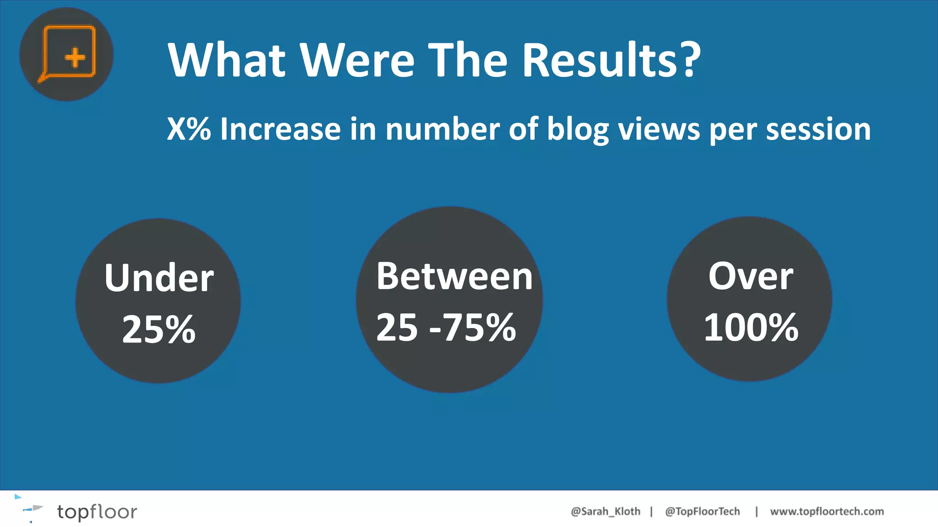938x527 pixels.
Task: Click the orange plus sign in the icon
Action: [x=75, y=58]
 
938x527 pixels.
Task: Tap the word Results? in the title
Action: [x=611, y=60]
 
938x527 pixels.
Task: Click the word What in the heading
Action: [x=227, y=60]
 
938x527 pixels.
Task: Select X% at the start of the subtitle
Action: [x=189, y=129]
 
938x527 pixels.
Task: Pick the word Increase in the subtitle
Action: [x=281, y=129]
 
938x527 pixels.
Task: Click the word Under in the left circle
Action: [x=159, y=278]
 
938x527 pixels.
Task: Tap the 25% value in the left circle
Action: [x=159, y=329]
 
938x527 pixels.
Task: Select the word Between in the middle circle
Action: [x=454, y=276]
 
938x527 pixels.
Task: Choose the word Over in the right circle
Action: [x=751, y=276]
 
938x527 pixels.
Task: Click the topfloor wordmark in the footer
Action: [x=97, y=512]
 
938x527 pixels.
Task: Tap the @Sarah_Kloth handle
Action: [x=605, y=511]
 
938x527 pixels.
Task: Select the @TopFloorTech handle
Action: [x=702, y=511]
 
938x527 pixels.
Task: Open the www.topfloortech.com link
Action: [x=827, y=511]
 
